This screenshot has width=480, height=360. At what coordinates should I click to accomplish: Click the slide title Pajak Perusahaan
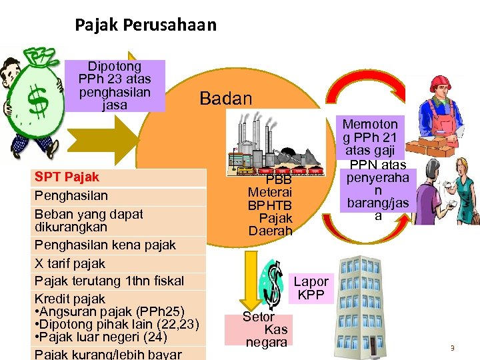click(x=145, y=25)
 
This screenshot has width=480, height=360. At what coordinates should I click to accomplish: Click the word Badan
click(x=226, y=99)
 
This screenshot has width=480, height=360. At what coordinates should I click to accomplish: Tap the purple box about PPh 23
click(x=115, y=85)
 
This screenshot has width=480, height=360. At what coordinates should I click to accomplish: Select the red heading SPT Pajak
click(x=67, y=177)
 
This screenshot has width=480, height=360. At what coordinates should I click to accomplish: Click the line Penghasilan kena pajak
click(x=105, y=245)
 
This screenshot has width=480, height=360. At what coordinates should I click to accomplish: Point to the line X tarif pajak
click(x=70, y=263)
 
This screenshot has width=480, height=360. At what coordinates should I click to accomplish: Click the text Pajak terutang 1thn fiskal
click(x=109, y=281)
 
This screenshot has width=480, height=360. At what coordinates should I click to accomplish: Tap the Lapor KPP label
click(x=311, y=288)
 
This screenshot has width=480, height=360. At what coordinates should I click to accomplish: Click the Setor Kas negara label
click(x=266, y=329)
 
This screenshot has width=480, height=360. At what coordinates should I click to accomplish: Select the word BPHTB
click(x=270, y=205)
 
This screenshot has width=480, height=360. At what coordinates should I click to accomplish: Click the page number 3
click(x=452, y=347)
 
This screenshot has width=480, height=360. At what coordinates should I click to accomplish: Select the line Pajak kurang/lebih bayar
click(x=107, y=353)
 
